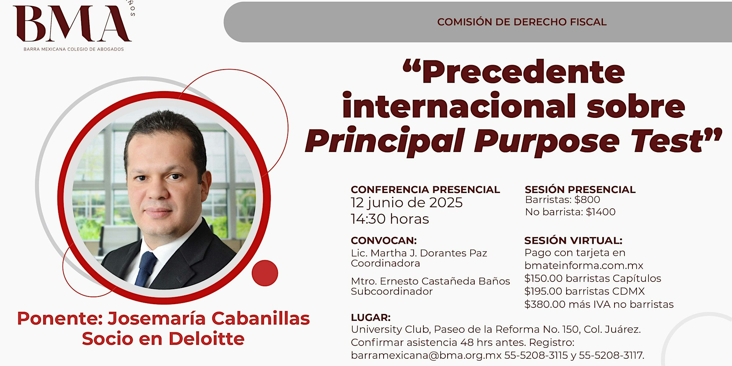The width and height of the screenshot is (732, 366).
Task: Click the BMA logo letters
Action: [x=72, y=24]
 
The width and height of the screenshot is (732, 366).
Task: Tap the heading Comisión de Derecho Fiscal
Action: [x=522, y=22]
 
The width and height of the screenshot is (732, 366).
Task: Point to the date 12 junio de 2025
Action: [x=407, y=203]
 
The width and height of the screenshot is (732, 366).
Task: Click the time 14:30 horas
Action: [x=390, y=219]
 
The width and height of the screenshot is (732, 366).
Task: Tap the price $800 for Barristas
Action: [x=587, y=199]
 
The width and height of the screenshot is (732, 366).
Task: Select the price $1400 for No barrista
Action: [x=601, y=212]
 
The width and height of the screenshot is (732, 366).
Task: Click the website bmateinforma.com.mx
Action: [x=584, y=265]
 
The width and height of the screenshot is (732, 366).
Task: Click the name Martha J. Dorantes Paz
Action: [x=429, y=253]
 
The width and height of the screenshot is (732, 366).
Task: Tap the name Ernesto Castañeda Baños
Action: [x=445, y=281]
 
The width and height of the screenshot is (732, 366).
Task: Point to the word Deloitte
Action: [x=206, y=339]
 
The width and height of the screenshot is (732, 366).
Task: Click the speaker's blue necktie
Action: [x=146, y=268]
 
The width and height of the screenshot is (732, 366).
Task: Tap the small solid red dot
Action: [x=265, y=273]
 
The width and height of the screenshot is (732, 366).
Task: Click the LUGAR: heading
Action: [x=371, y=317]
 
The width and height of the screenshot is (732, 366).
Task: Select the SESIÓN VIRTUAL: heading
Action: [x=573, y=240]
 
